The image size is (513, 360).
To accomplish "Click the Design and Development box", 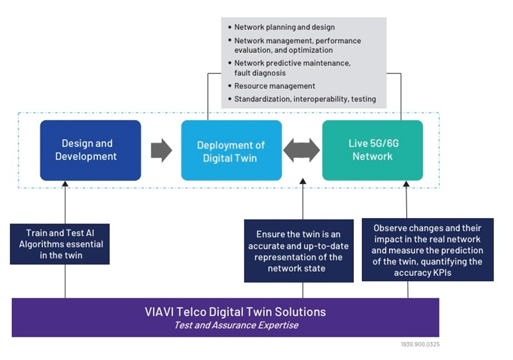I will (x=90, y=150).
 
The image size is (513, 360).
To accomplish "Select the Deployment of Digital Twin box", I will (x=231, y=150).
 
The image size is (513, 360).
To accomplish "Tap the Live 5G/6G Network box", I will (x=372, y=150).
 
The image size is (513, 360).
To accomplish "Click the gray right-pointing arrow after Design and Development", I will (x=161, y=150).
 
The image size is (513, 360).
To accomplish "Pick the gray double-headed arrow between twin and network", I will (x=302, y=150).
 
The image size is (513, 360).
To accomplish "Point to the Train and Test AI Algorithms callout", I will (x=60, y=244).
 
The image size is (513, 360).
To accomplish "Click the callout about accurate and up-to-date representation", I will (x=300, y=251).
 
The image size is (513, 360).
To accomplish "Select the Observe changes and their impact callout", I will (x=427, y=249).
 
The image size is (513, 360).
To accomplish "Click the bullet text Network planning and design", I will (x=284, y=27).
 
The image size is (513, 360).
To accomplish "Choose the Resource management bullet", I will (x=274, y=86).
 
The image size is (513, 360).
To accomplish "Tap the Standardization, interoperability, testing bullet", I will (x=305, y=99).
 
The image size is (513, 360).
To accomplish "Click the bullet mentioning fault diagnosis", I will (x=292, y=68).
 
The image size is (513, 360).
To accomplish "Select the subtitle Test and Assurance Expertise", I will (x=225, y=325).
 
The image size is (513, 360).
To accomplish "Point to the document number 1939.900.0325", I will (x=420, y=344).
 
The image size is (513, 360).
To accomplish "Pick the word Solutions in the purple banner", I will (x=300, y=312).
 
